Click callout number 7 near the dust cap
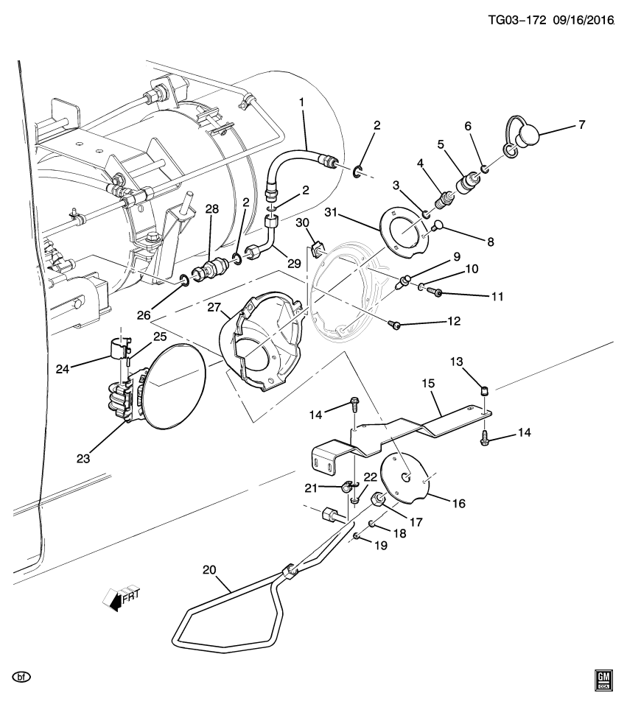tap(581, 125)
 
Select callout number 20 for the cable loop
tap(209, 569)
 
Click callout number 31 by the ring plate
tap(333, 214)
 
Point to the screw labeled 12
tap(396, 325)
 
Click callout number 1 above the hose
tap(301, 102)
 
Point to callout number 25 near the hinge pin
tap(159, 337)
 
